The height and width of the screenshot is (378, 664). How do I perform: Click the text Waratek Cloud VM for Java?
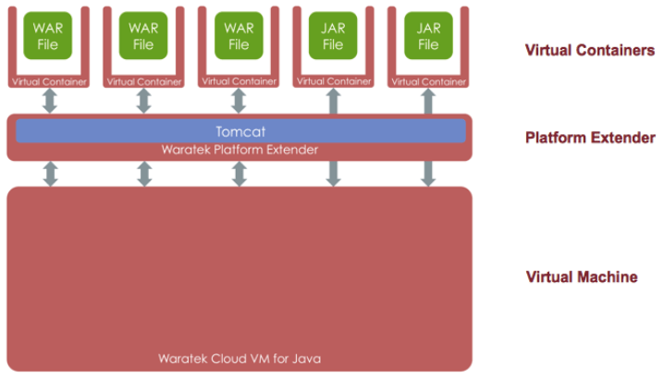239,358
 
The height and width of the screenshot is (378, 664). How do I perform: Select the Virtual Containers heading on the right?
589,50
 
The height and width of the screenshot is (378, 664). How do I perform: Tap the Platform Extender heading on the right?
590,138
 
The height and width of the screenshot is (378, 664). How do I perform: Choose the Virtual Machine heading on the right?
582,276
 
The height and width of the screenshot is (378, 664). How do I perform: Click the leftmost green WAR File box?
49,36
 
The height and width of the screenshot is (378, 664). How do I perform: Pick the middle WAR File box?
143,36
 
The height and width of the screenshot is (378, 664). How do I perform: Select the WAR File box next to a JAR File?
239,36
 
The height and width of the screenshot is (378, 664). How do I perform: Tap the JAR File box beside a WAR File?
333,36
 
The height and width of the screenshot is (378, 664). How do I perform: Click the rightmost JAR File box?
428,36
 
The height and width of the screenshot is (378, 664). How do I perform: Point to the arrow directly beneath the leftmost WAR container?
50,101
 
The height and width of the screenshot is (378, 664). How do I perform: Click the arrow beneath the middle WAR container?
143,101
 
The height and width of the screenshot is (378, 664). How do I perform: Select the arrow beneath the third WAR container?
239,101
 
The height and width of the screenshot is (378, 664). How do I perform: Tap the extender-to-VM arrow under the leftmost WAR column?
50,173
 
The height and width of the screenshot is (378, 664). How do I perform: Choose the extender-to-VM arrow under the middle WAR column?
143,173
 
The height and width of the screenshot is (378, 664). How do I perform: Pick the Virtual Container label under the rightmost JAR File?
428,81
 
